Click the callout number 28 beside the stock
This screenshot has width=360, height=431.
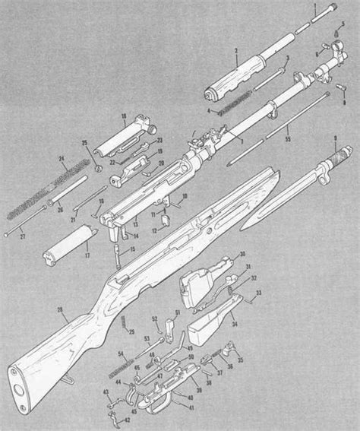click(x=60, y=309)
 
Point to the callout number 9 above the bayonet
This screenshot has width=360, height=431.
click(x=334, y=138)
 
